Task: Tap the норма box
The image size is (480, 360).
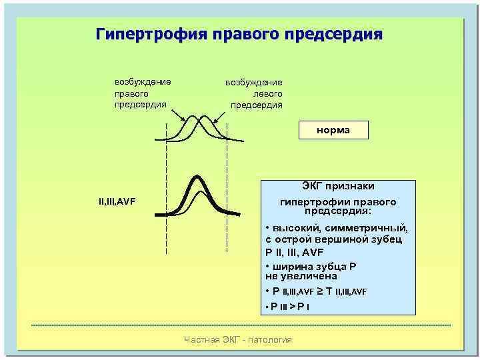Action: pos(333,131)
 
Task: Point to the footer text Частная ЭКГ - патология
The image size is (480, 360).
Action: pos(237,340)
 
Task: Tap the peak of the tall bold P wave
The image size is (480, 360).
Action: pos(197,177)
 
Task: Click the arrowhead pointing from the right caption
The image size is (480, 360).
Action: pos(215,123)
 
